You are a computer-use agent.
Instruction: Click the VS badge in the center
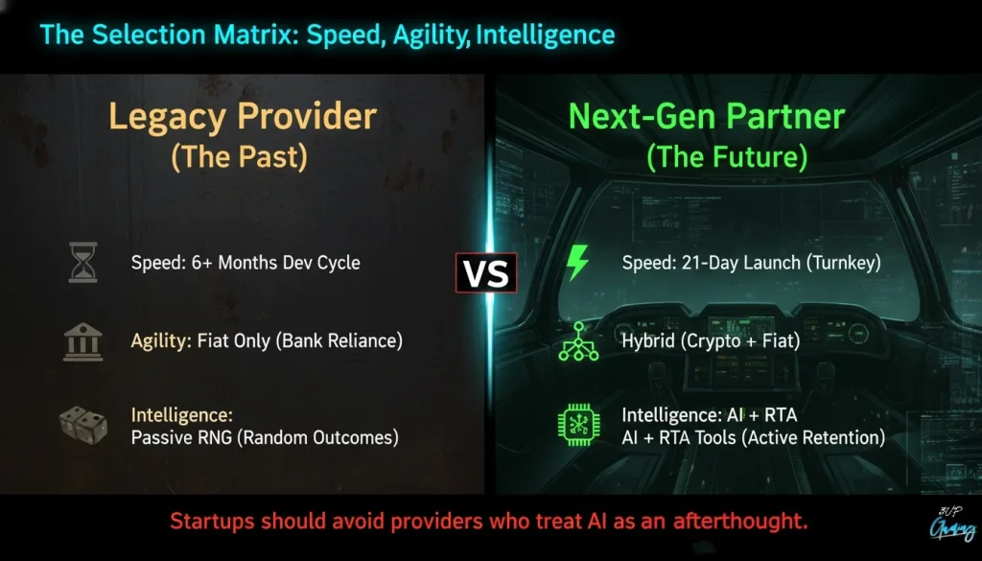tap(486, 273)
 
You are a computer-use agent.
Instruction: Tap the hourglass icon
tap(83, 263)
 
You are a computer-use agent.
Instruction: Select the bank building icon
tap(83, 341)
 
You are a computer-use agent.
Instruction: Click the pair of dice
tap(82, 425)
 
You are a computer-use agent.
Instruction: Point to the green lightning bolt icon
tap(577, 262)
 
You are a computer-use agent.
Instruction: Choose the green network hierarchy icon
tap(578, 341)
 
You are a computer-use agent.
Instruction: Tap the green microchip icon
tap(578, 425)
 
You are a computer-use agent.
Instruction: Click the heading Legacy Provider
tap(243, 116)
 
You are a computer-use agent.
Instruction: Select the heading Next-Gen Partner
tap(707, 116)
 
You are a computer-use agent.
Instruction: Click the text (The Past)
tap(240, 156)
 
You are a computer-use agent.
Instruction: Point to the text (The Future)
tap(727, 156)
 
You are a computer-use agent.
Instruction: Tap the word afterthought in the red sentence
tap(740, 521)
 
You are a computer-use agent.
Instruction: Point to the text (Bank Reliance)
tap(342, 341)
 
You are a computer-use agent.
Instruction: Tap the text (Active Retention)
tap(813, 437)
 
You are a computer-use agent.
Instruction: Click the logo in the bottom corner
tap(952, 526)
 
